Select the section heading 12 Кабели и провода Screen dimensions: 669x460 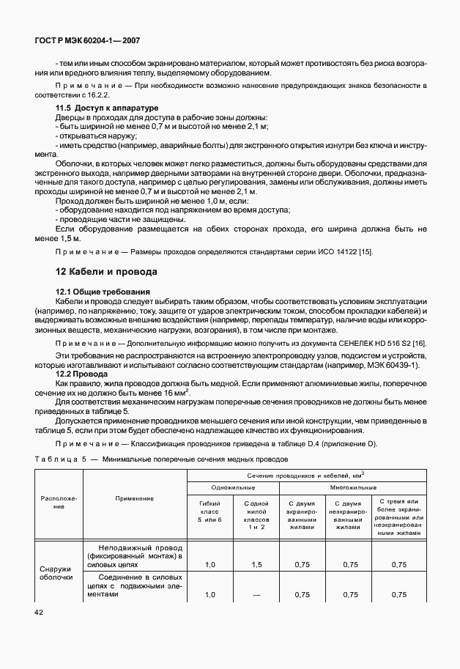[106, 272]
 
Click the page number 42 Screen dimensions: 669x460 [39, 610]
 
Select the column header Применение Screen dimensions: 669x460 [135, 498]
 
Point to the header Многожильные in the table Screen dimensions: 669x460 [353, 487]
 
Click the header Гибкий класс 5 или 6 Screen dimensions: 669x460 [209, 511]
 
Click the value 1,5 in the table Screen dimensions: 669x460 [256, 565]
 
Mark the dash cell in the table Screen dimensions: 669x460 [256, 595]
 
